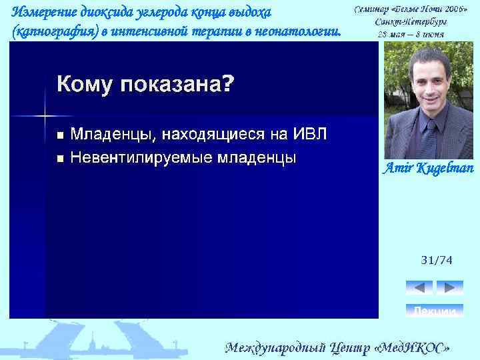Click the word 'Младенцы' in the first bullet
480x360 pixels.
(113, 135)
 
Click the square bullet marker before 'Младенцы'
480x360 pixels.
(61, 136)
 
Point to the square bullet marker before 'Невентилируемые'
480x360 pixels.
(61, 159)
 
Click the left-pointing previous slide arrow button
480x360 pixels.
(419, 287)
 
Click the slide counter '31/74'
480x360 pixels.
(436, 260)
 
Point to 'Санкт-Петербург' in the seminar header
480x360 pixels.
(411, 21)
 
